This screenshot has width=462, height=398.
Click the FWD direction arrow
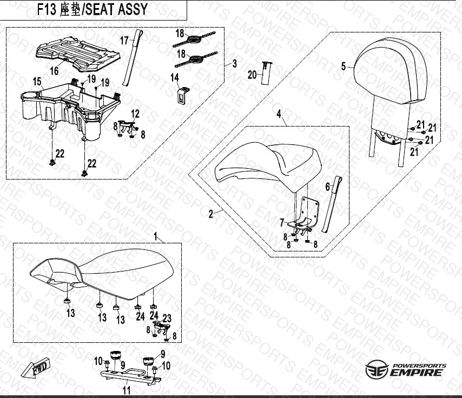point(35,368)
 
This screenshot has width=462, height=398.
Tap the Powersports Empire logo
point(406,370)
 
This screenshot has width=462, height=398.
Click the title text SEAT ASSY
point(116,9)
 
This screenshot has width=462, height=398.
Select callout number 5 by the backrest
point(344,67)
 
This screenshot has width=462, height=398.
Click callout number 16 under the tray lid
point(54,71)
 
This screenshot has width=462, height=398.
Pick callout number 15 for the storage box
point(37,82)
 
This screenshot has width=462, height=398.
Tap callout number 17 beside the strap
point(124,41)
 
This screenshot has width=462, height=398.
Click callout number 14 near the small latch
point(175,77)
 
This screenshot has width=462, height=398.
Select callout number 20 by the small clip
point(252,75)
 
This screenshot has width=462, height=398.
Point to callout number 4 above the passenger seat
point(279,114)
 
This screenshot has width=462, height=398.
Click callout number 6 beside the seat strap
point(328,187)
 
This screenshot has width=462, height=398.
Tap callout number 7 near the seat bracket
point(282,223)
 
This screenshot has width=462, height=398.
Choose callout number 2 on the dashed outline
point(210,214)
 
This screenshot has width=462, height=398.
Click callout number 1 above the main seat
point(156,236)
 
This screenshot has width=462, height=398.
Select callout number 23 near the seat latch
point(167,318)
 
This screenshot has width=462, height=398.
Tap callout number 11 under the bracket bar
point(127,390)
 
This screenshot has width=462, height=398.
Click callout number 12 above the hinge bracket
point(135,114)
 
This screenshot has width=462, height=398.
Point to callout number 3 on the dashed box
point(235,64)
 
